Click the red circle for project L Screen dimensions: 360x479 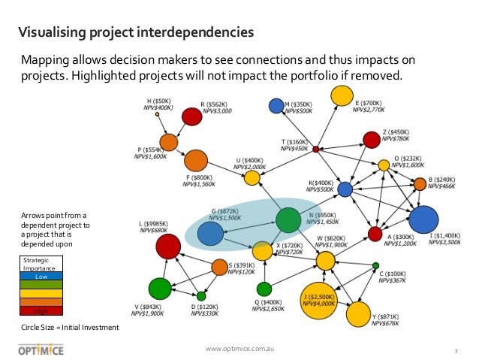click(x=167, y=246)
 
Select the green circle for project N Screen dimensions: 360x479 click(x=288, y=220)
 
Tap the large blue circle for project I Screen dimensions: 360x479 click(x=423, y=219)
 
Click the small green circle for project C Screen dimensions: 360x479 click(x=375, y=265)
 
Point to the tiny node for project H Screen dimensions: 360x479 click(x=157, y=115)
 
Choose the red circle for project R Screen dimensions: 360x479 click(x=192, y=116)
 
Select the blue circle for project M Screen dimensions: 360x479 click(x=276, y=106)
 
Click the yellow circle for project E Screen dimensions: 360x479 click(x=342, y=95)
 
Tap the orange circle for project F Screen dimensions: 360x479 click(x=195, y=160)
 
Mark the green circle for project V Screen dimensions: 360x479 click(x=160, y=288)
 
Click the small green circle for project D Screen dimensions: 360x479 click(x=201, y=296)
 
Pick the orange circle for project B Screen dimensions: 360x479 click(x=420, y=183)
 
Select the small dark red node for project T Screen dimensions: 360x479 click(x=316, y=150)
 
